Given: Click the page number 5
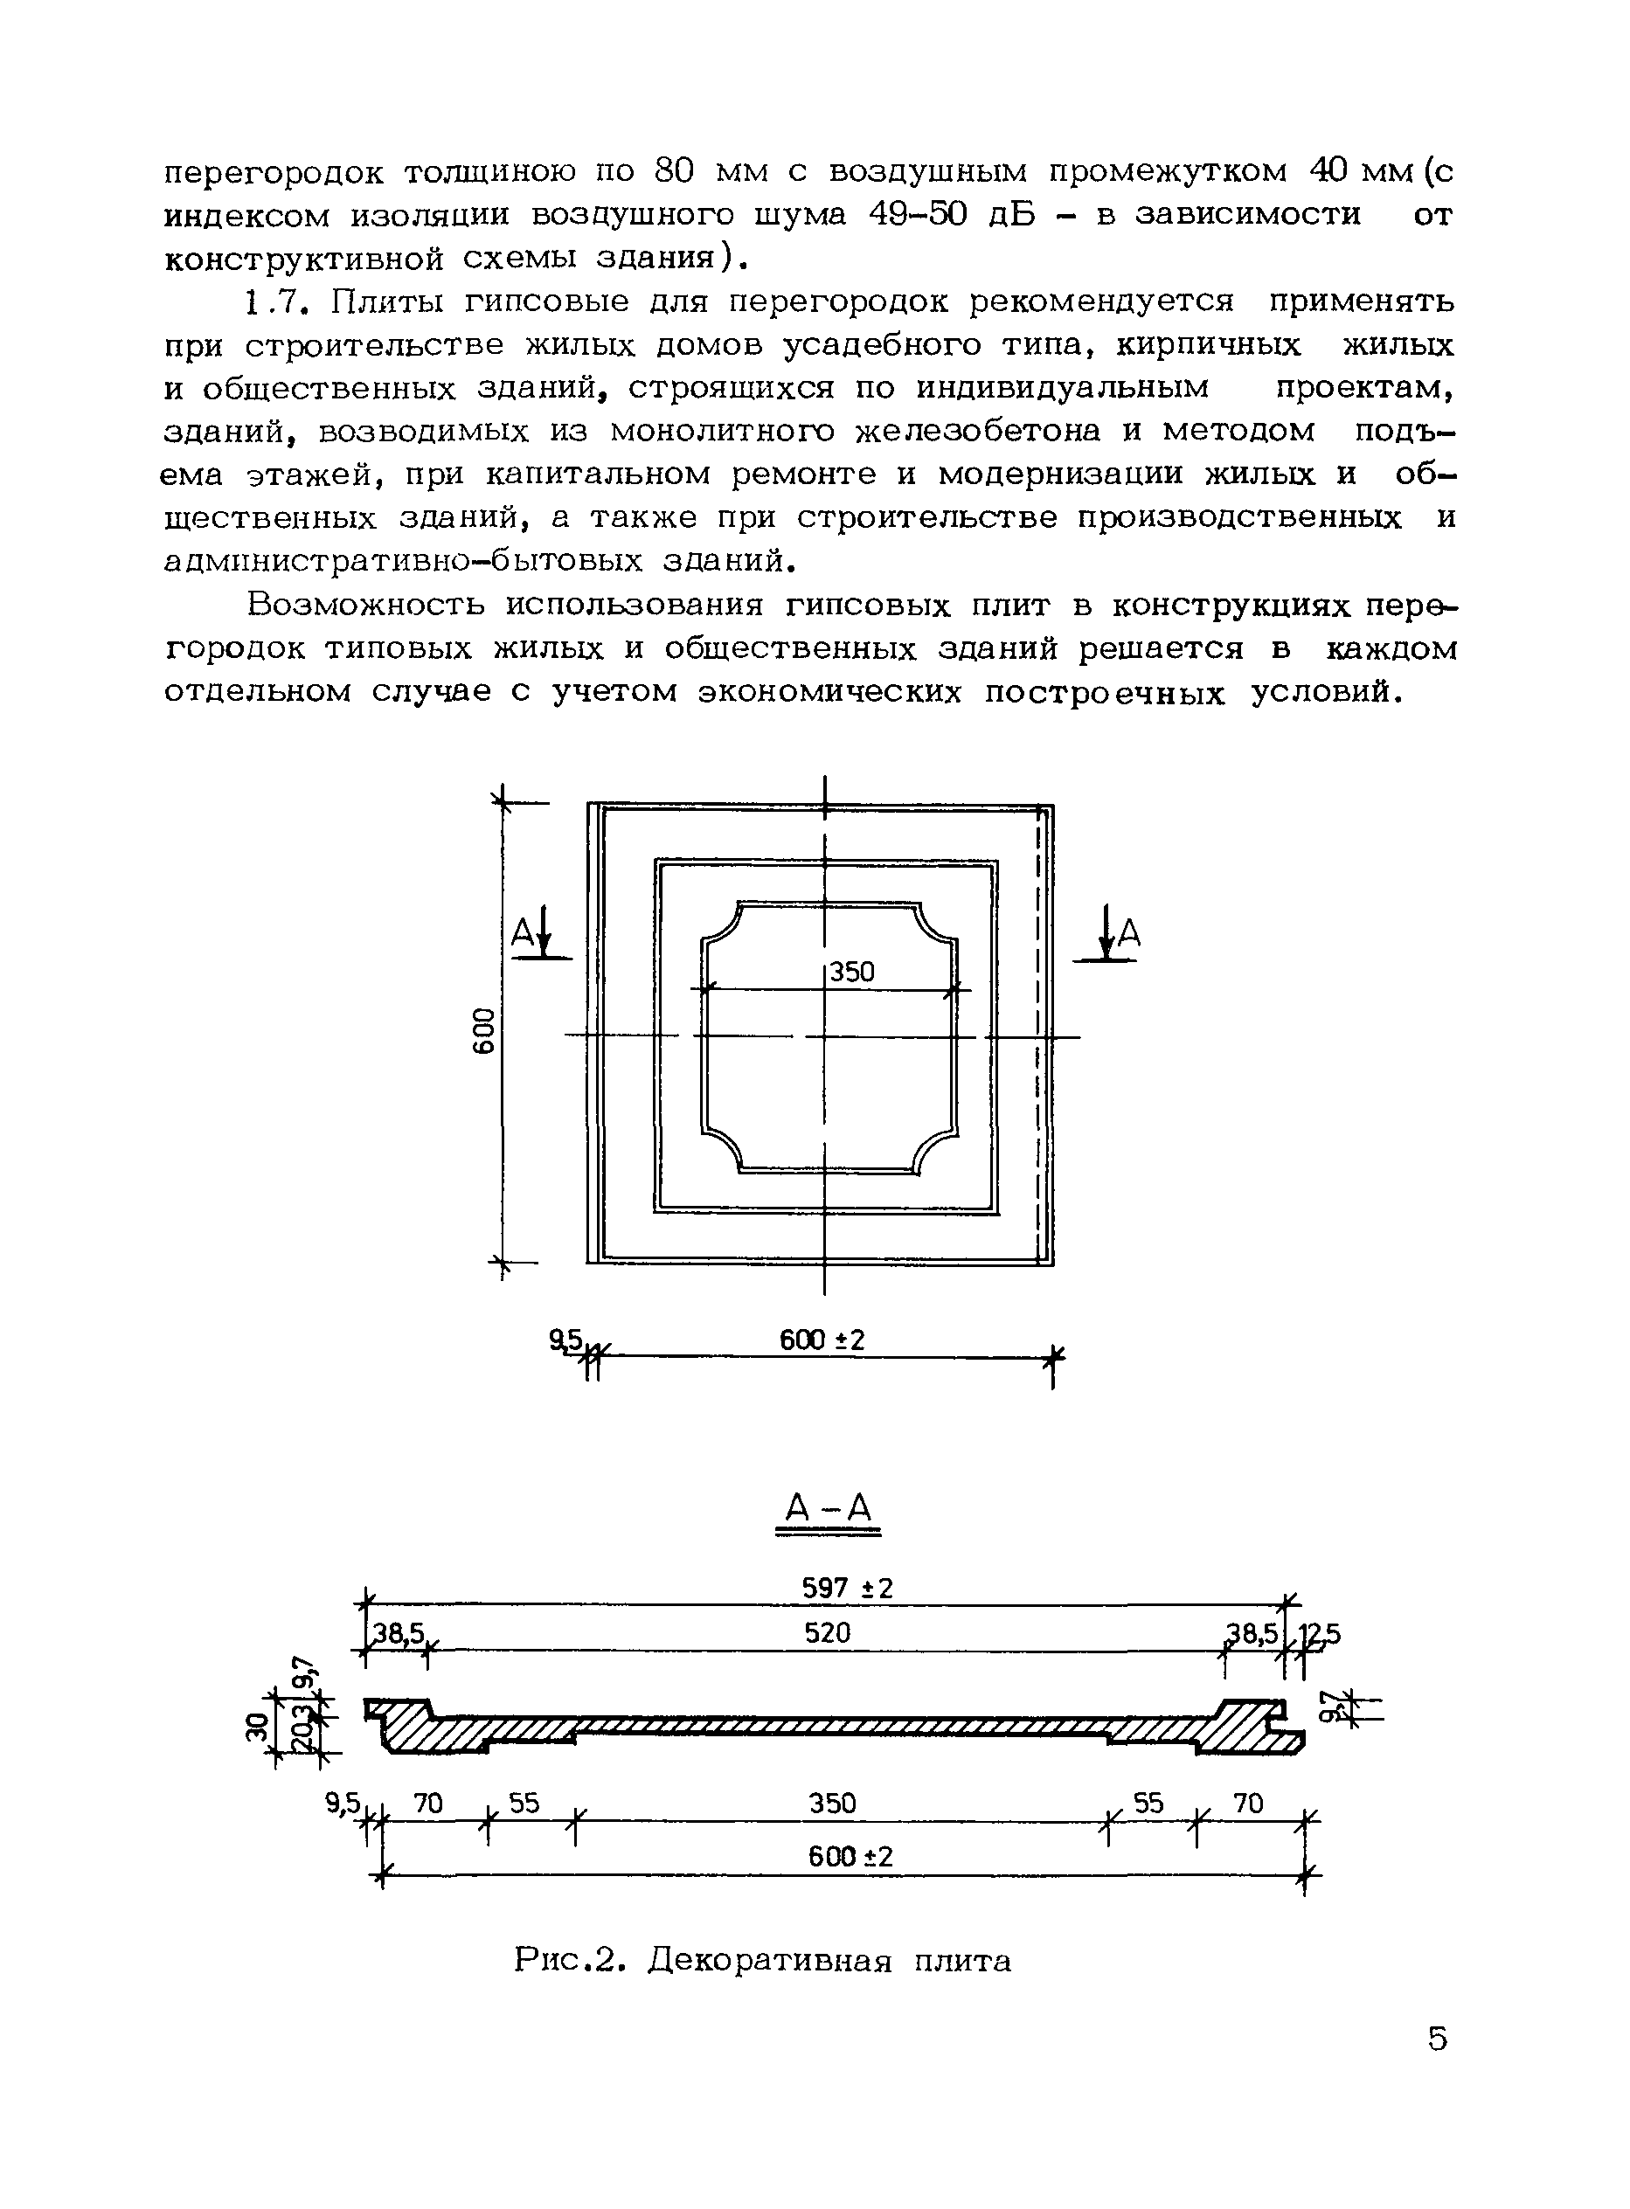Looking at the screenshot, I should pyautogui.click(x=1437, y=2039).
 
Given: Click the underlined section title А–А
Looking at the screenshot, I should pyautogui.click(x=828, y=1508).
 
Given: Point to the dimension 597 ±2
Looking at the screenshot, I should pyautogui.click(x=847, y=1589).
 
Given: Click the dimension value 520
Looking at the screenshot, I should pyautogui.click(x=827, y=1634).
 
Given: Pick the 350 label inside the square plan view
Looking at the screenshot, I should pyautogui.click(x=851, y=973).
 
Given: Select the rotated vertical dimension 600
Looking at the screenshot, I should pyautogui.click(x=483, y=1031).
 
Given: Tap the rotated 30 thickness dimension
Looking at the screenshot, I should pyautogui.click(x=259, y=1728).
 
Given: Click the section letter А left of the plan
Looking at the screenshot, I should pyautogui.click(x=522, y=933).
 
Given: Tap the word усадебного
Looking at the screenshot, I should pyautogui.click(x=874, y=345).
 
